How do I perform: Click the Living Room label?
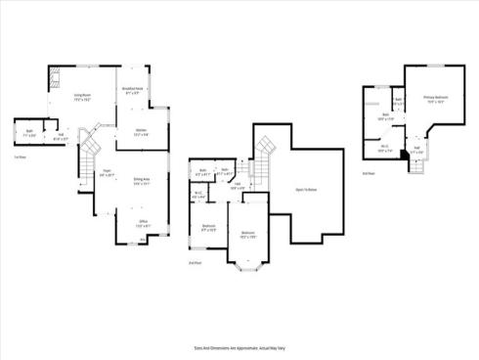pyautogui.click(x=82, y=96)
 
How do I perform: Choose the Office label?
pyautogui.click(x=142, y=224)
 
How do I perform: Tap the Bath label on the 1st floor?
pyautogui.click(x=28, y=134)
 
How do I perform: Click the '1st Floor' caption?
pyautogui.click(x=20, y=157)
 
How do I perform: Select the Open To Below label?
pyautogui.click(x=305, y=190)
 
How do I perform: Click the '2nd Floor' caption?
pyautogui.click(x=195, y=262)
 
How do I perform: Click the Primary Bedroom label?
pyautogui.click(x=435, y=99)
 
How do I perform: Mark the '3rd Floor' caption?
pyautogui.click(x=369, y=173)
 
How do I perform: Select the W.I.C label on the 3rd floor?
pyautogui.click(x=383, y=151)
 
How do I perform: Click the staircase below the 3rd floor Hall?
pyautogui.click(x=418, y=165)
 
